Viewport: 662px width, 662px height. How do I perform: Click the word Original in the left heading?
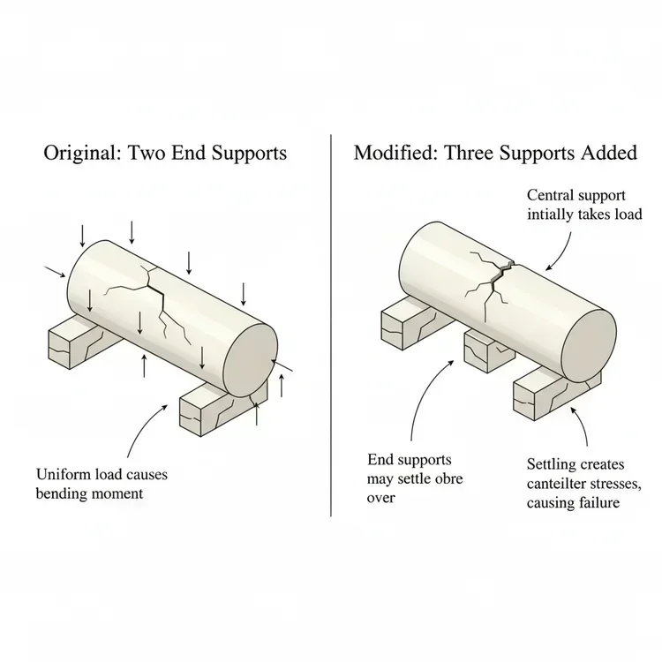82,153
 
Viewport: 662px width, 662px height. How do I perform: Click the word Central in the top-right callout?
554,195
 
